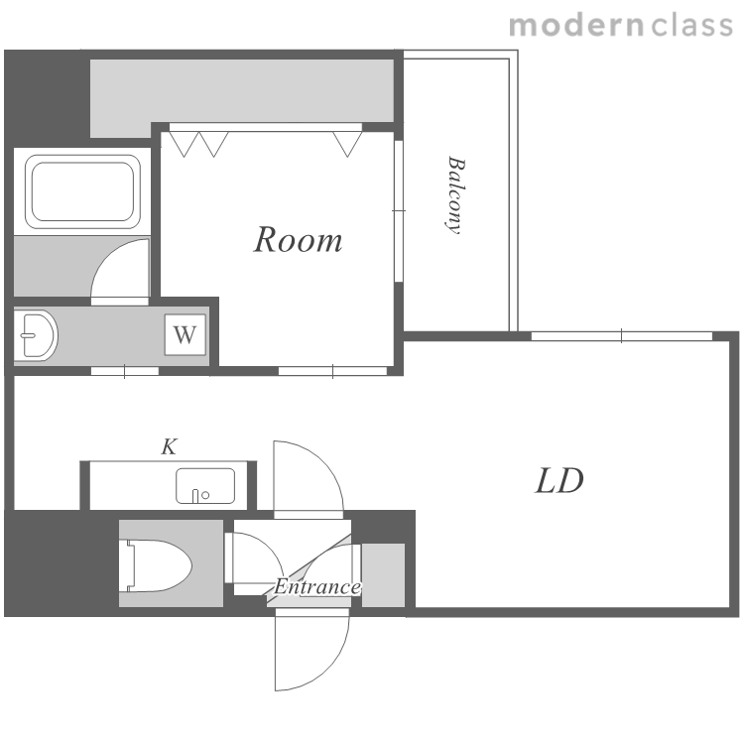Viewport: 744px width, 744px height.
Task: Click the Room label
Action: point(298,240)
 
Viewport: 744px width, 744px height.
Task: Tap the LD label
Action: point(559,481)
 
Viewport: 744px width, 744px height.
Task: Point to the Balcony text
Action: point(456,195)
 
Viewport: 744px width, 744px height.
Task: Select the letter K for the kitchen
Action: point(170,447)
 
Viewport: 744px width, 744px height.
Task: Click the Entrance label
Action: point(317,587)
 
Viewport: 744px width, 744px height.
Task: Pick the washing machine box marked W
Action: point(186,334)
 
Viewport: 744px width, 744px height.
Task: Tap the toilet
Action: point(159,565)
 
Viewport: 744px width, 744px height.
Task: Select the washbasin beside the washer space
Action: point(35,335)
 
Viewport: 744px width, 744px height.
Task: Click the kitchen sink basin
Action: point(205,486)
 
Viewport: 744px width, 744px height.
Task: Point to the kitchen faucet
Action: point(195,496)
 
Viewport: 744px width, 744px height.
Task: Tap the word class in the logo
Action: point(691,26)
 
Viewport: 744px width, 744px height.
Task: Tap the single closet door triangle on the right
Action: point(347,144)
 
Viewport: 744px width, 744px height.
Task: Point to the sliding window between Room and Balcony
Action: point(399,211)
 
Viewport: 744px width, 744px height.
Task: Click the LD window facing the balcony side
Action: point(622,336)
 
